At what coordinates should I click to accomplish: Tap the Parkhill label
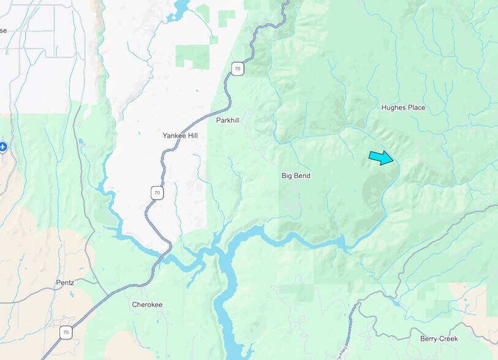click(227, 121)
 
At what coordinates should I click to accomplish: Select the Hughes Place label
click(403, 108)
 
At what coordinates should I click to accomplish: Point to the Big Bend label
click(296, 176)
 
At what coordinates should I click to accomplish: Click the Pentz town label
click(64, 282)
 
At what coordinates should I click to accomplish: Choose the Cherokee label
click(147, 304)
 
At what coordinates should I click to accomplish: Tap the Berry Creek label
click(439, 339)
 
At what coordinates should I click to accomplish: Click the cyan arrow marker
click(381, 158)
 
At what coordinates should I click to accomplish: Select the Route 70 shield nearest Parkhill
click(238, 69)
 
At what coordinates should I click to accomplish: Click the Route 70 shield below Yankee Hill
click(157, 193)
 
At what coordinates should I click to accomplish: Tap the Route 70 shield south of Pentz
click(66, 332)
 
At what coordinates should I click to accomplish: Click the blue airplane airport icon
click(3, 147)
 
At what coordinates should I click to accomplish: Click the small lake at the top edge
click(182, 7)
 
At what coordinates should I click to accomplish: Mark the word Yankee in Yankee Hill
click(174, 135)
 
